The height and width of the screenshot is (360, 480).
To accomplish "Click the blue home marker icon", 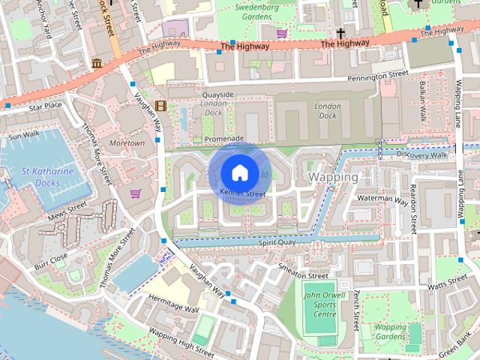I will click(x=239, y=172).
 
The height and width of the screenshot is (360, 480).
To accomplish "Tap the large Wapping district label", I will click(x=333, y=177).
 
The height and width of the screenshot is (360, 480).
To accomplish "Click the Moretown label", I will click(x=126, y=142).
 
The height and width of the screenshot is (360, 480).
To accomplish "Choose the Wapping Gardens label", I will click(x=390, y=331).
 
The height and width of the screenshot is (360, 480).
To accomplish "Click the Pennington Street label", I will click(x=377, y=75).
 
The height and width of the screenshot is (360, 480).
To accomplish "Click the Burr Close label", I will click(x=50, y=261).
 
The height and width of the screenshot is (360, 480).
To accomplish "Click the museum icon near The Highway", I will click(x=97, y=65).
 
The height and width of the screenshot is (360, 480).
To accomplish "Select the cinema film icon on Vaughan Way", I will click(x=160, y=106).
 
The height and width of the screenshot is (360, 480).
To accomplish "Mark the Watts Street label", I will click(x=448, y=283).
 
